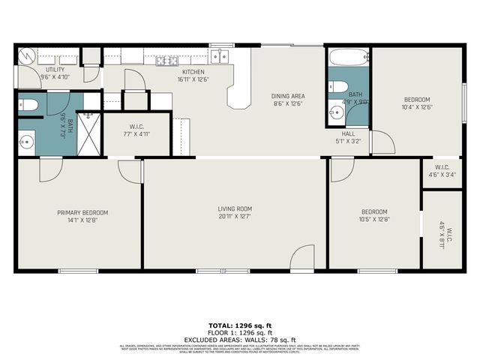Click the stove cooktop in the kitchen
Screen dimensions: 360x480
click(166, 61)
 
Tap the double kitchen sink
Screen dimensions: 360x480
click(220, 55)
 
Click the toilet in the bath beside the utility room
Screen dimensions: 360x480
click(28, 105)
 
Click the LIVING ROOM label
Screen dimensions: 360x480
click(235, 208)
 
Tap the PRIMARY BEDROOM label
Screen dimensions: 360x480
click(79, 213)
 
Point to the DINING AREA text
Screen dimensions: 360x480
click(287, 96)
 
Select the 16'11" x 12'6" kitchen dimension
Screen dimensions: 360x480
click(193, 79)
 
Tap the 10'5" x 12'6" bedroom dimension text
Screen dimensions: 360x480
click(373, 220)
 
